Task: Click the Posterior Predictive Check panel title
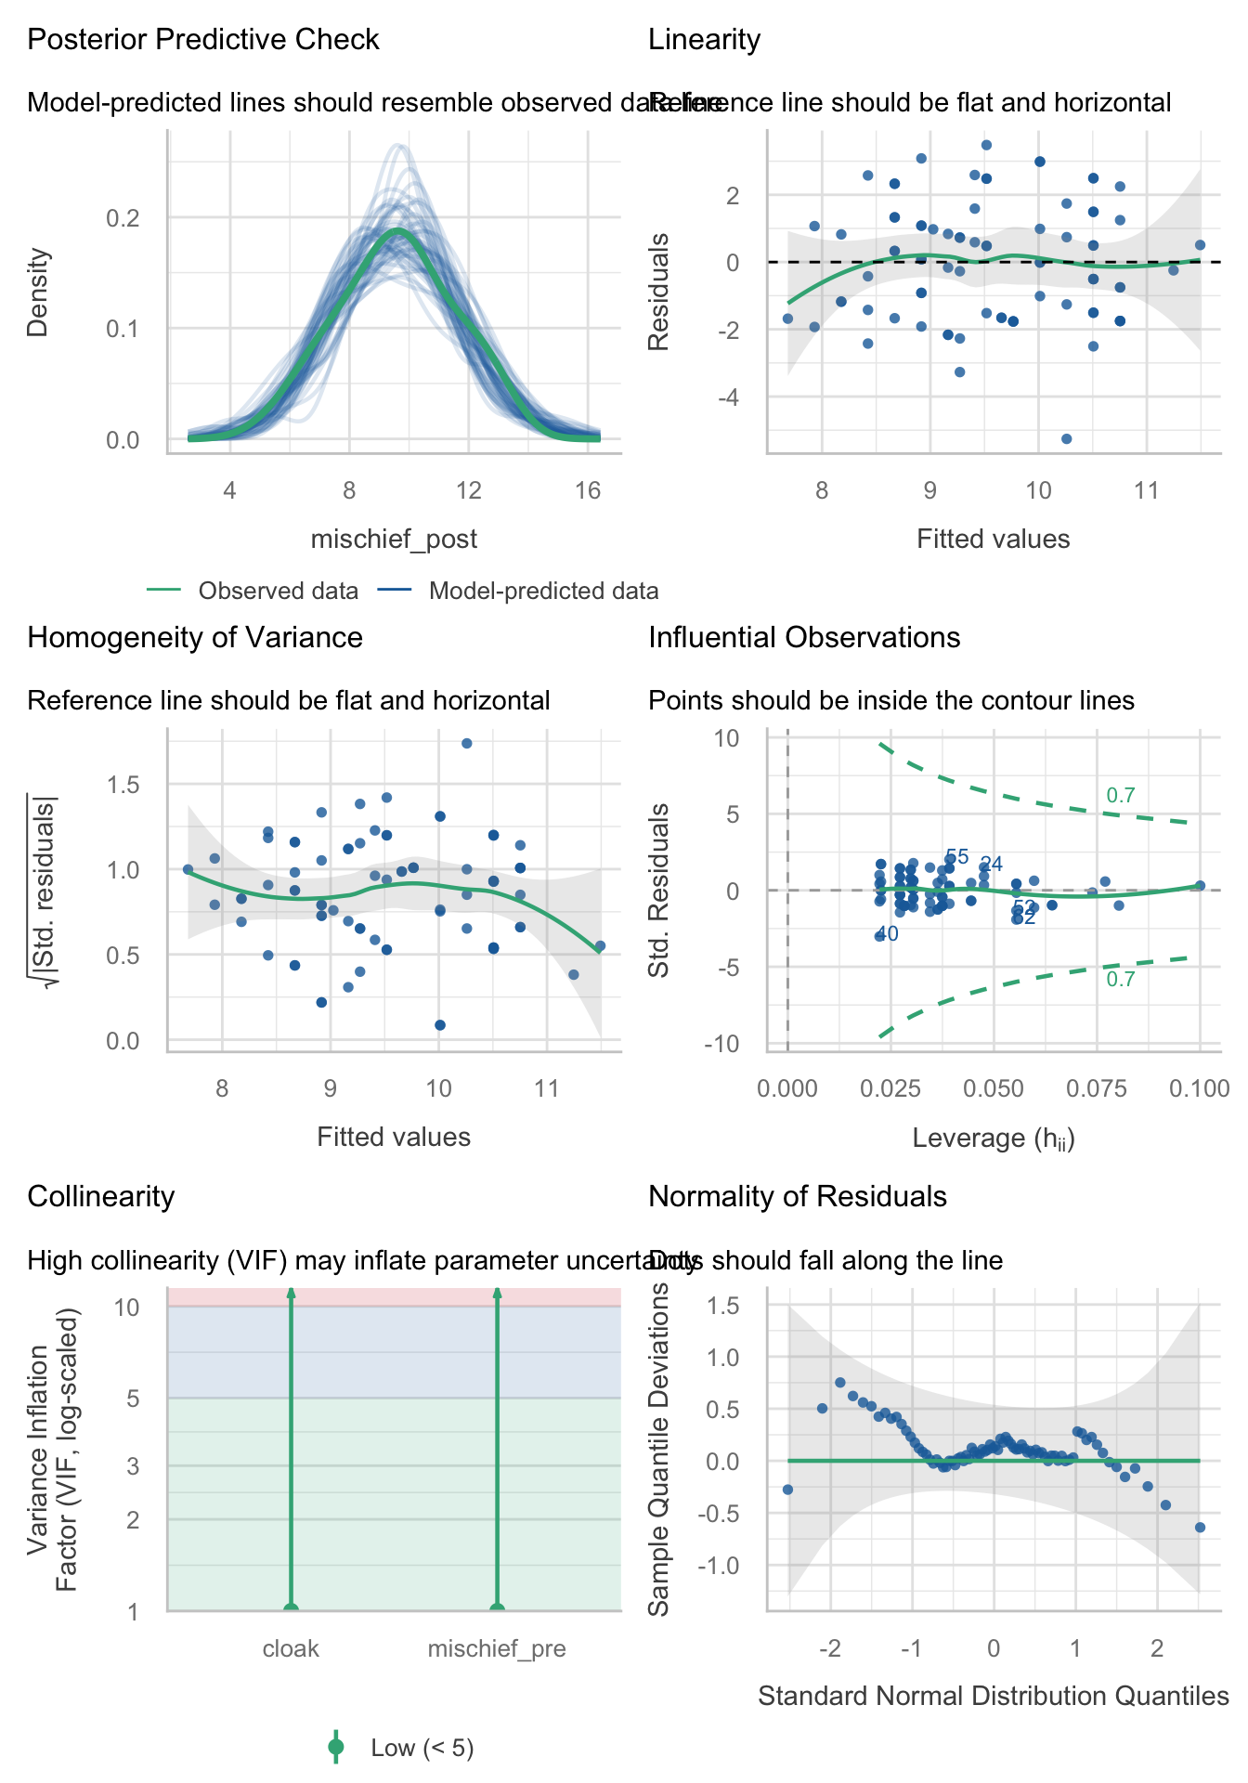click(x=203, y=40)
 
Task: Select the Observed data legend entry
click(x=278, y=592)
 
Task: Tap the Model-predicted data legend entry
click(x=543, y=592)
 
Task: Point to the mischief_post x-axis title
click(x=394, y=539)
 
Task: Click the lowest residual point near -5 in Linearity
click(x=1066, y=438)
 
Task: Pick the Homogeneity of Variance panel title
click(x=195, y=638)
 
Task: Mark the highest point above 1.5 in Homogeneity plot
click(x=467, y=743)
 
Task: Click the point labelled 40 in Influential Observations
click(x=879, y=936)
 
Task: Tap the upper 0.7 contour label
click(x=1121, y=796)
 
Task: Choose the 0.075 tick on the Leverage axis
click(x=1097, y=1088)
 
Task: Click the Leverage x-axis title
click(x=994, y=1139)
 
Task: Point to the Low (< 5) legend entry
click(x=422, y=1749)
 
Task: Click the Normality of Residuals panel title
click(x=798, y=1197)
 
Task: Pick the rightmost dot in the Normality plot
click(x=1200, y=1527)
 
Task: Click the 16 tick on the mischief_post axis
click(x=588, y=490)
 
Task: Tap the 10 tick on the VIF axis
click(x=126, y=1307)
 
